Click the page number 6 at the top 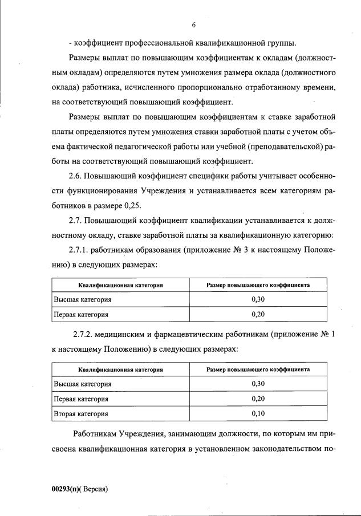coord(194,25)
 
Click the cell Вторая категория coord(80,413)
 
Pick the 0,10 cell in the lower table coord(258,413)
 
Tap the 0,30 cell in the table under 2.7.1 coord(258,299)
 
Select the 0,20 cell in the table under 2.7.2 coord(258,399)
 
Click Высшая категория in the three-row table coord(82,384)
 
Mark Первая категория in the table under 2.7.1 coord(80,314)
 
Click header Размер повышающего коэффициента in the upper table coord(258,285)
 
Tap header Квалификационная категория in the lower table coord(120,369)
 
